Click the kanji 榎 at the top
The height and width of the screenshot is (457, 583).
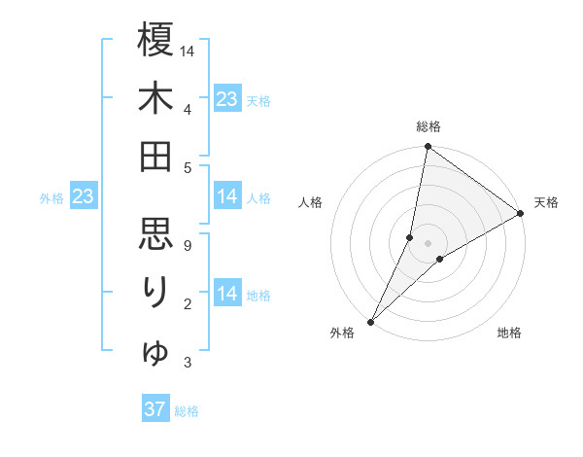tap(155, 41)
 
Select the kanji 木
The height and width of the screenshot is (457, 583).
tap(155, 99)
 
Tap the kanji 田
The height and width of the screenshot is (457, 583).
tap(155, 157)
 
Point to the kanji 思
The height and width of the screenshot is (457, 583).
tap(155, 232)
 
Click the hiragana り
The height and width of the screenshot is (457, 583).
tap(155, 291)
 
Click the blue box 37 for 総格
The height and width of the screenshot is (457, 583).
tap(155, 409)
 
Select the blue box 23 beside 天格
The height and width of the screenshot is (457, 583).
tap(227, 98)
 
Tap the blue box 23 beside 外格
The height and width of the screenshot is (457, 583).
tap(84, 197)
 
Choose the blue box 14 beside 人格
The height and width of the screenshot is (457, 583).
tap(227, 197)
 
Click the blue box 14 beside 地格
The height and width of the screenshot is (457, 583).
tap(227, 294)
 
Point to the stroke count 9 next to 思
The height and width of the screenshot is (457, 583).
tap(188, 246)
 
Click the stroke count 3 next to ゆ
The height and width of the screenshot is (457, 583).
tap(188, 364)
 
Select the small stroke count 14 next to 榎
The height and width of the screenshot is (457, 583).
tap(188, 50)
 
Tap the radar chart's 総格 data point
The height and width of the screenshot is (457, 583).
tap(428, 148)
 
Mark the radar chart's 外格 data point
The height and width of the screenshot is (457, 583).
tap(370, 321)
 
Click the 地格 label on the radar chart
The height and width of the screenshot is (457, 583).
tap(509, 334)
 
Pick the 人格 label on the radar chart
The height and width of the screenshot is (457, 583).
tap(311, 202)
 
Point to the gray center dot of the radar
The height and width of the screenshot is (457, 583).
tap(428, 243)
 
